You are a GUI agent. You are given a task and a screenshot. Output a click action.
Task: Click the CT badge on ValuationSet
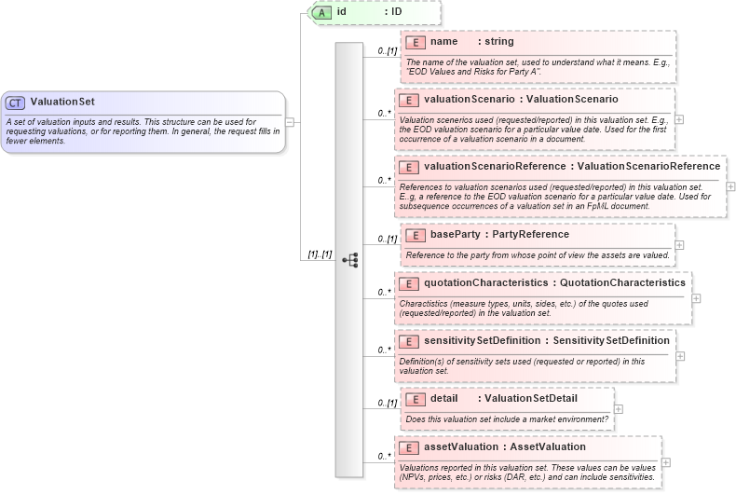click(16, 102)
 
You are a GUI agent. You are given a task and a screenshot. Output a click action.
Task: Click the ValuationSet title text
click(62, 102)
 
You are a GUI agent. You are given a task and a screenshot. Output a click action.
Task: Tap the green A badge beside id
click(321, 12)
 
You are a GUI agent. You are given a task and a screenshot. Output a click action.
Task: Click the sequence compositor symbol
click(350, 260)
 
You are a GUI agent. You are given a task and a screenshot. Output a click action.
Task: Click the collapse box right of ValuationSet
click(290, 120)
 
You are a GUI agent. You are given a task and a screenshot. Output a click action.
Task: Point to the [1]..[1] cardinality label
click(320, 254)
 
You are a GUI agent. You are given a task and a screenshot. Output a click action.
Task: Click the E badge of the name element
click(415, 42)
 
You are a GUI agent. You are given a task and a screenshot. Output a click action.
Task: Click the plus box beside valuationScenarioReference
click(730, 186)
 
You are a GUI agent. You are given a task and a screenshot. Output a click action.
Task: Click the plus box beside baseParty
click(679, 245)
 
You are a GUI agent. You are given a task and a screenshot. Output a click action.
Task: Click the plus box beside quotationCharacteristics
click(696, 298)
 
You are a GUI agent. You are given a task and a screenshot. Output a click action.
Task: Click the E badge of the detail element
click(415, 399)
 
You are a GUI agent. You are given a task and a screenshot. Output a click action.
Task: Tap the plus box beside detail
click(619, 408)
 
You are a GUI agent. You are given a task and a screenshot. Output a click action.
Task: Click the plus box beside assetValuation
click(666, 462)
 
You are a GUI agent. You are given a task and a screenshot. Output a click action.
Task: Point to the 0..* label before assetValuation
click(383, 456)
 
